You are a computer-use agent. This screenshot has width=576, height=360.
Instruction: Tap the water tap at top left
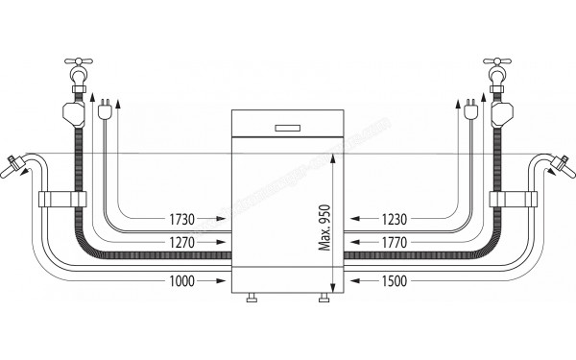click(79, 71)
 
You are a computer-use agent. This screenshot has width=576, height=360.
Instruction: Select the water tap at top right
click(498, 71)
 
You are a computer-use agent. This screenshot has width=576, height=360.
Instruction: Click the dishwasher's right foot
click(322, 300)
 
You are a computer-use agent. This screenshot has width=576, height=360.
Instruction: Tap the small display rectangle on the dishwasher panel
click(287, 126)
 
